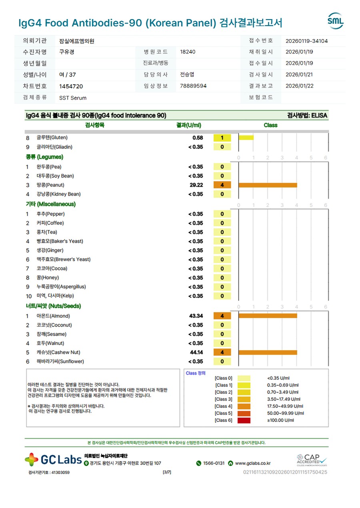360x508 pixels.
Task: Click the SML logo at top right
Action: coord(335,21)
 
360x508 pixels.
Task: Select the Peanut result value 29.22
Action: coord(196,185)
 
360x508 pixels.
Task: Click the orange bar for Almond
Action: coord(268,316)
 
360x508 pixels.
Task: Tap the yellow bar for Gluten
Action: coord(246,137)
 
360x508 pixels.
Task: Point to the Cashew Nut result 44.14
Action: coord(196,353)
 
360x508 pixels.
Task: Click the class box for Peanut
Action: coord(222,185)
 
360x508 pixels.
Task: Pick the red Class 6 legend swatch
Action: coord(244,420)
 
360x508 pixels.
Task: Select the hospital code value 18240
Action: coord(188,52)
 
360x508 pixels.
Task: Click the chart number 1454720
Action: coord(71,86)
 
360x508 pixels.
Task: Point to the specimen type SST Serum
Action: coord(73,98)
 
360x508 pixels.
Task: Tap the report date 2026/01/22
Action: coord(299,86)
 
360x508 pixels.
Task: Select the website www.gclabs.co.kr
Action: coord(252,463)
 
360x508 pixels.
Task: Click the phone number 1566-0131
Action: coord(214,463)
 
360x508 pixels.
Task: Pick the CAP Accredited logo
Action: coord(312,460)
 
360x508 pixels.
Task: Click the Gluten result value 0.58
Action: coord(198,138)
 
